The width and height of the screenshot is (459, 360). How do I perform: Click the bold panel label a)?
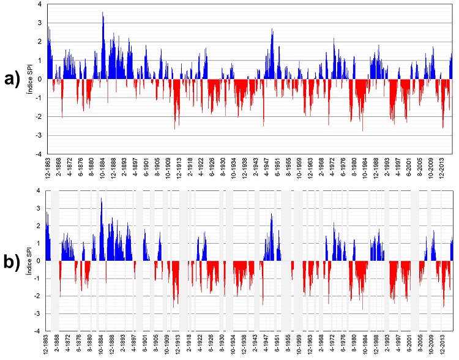pos(13,78)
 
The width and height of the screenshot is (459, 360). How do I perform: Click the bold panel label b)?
pos(13,261)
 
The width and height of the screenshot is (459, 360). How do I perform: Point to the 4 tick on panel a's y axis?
pos(40,4)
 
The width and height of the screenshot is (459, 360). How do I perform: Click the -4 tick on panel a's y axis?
pos(39,154)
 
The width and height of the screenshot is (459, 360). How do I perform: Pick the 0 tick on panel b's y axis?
pos(40,261)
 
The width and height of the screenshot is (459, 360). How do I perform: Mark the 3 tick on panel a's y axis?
pos(40,23)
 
